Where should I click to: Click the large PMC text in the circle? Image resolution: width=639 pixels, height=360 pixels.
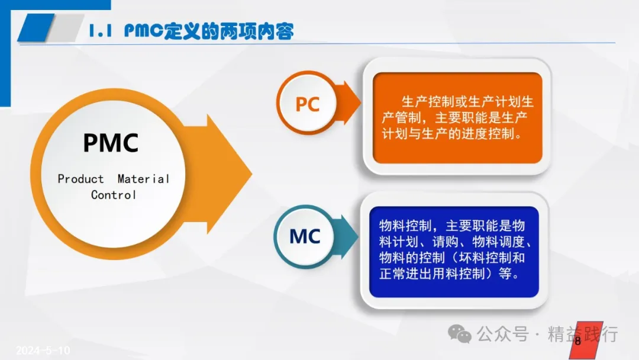click(x=111, y=143)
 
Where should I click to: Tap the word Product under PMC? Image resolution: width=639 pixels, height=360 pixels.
click(x=80, y=179)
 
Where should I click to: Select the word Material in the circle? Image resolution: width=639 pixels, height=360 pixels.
click(x=143, y=179)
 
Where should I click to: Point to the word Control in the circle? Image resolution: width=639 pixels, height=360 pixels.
click(x=113, y=195)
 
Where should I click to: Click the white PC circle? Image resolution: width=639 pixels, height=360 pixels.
click(x=308, y=103)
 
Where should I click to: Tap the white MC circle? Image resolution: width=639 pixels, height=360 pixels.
click(x=305, y=236)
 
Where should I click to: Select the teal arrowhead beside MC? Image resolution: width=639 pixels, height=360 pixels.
click(x=349, y=236)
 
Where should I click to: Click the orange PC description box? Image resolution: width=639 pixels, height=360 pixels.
click(x=457, y=118)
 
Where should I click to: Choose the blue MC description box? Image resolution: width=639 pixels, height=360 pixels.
click(x=454, y=252)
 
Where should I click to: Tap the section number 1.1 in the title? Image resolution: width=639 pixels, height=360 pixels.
click(x=100, y=31)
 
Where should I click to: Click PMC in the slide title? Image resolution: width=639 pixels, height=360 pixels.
click(x=144, y=31)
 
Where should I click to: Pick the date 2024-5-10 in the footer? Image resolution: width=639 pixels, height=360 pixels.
click(x=43, y=350)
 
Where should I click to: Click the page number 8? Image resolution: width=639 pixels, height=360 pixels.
click(x=578, y=341)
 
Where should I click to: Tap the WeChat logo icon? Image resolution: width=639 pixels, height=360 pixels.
click(x=459, y=334)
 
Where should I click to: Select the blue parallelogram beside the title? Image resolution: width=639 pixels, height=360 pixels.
click(x=36, y=27)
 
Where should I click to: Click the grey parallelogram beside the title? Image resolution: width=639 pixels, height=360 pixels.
click(x=65, y=27)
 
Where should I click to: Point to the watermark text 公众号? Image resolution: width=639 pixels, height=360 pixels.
click(x=503, y=334)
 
